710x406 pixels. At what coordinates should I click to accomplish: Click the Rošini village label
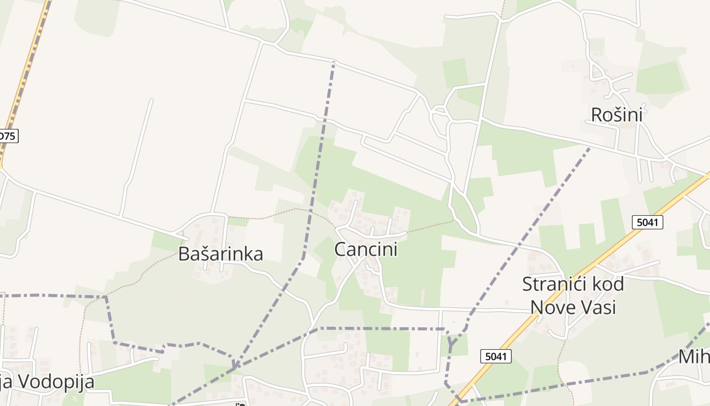click(616, 115)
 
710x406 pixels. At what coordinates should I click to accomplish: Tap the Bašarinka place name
click(220, 254)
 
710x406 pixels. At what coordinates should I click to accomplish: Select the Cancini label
click(366, 249)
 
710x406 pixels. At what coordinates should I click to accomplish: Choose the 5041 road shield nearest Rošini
click(648, 222)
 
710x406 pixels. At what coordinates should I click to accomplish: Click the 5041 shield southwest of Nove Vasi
click(495, 356)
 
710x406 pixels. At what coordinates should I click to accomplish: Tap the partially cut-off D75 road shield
click(8, 136)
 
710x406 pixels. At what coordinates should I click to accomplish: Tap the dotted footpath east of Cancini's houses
click(431, 227)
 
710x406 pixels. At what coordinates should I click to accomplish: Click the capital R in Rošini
click(597, 115)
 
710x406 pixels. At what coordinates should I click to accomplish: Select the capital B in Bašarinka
click(184, 254)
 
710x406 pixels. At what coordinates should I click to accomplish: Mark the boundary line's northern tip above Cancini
click(334, 62)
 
